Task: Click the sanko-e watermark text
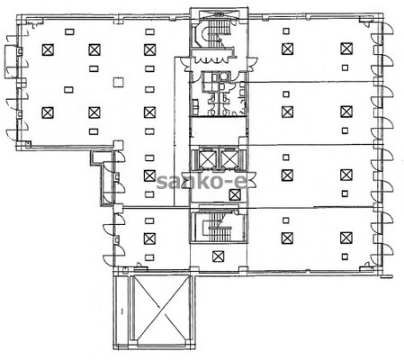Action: coord(202,182)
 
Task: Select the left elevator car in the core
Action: coord(208,158)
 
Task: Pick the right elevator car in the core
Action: coord(229,158)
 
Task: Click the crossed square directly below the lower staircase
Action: coord(218,256)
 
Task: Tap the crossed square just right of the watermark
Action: coord(235,195)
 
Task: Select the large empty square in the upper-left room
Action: coord(119,82)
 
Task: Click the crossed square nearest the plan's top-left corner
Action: coord(48,49)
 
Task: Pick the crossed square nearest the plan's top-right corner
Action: coord(346,49)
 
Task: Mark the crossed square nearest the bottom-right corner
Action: coord(346,238)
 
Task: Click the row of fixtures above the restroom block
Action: coord(214,58)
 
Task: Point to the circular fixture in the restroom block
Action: coord(222,76)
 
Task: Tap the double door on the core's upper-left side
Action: coord(185,64)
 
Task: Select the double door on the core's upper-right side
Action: coord(252,64)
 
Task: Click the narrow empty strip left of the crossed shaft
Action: coord(121,310)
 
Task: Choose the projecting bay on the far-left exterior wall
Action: coord(11,61)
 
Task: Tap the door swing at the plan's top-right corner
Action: coord(387,28)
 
